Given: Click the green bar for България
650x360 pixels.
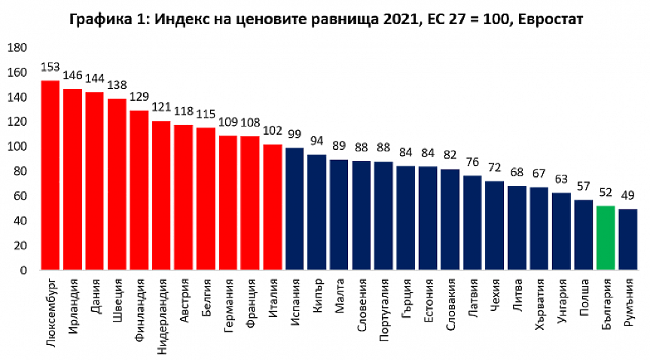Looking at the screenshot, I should coord(606,237).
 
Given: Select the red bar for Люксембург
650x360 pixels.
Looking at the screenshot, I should coord(50,175).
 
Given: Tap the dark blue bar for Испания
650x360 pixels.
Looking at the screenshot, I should coord(294,209).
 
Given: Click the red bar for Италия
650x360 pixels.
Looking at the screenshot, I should coord(273,206).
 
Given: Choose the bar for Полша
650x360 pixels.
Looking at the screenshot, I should coord(584,234).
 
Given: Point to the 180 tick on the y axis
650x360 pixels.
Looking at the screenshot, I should coord(17,48).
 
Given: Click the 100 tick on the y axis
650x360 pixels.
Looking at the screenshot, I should coord(17,146).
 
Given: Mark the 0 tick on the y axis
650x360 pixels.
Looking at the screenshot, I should coord(23,270).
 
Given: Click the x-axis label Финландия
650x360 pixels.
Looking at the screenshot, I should coord(139,310).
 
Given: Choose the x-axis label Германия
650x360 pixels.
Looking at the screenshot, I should coord(229,309).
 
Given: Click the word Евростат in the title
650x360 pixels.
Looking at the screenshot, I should coord(552,17).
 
